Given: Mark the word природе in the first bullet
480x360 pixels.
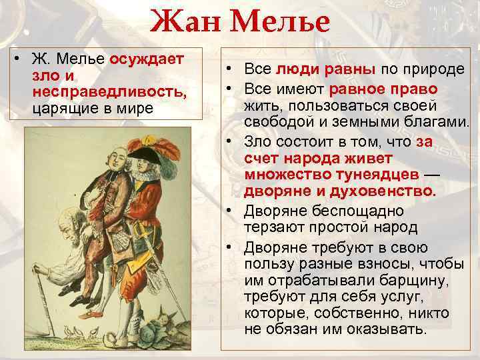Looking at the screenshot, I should [x=436, y=71].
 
